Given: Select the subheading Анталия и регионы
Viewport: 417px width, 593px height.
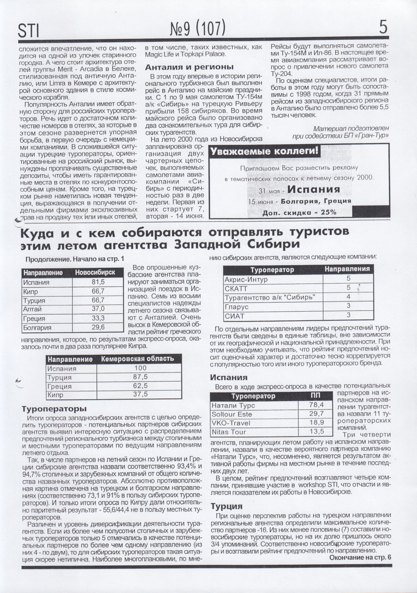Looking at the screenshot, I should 189,67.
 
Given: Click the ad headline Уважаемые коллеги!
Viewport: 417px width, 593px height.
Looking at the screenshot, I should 264,151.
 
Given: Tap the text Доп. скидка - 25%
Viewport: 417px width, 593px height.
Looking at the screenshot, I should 300,213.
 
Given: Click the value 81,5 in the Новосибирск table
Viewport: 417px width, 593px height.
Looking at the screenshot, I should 98,282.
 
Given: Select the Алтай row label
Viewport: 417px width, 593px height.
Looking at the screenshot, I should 32,309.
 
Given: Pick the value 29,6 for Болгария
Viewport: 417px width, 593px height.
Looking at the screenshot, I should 98,327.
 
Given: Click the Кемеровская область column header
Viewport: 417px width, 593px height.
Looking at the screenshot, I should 137,359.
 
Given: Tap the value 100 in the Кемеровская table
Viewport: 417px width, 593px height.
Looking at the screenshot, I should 140,368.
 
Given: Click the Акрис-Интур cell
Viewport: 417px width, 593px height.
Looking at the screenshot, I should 246,280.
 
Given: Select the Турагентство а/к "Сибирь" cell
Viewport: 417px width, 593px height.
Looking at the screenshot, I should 270,298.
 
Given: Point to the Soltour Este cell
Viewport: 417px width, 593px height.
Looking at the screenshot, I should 232,414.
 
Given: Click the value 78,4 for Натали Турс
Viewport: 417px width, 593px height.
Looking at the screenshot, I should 316,405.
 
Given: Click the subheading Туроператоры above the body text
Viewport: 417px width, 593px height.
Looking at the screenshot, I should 54,409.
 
